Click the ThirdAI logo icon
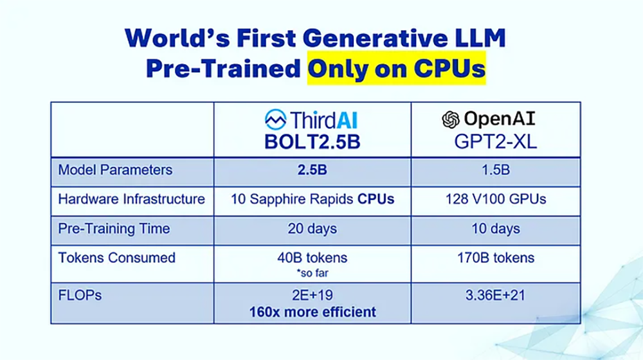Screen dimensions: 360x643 276,120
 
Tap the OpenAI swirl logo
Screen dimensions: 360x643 451,120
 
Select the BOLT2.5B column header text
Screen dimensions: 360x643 312,141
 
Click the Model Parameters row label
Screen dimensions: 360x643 115,170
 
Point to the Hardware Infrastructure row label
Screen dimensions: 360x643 131,199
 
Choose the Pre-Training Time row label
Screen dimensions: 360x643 114,228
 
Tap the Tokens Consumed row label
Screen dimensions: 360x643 116,258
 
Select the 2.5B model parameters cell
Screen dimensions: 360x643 312,171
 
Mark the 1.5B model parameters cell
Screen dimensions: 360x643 495,171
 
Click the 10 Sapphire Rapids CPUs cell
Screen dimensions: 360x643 312,199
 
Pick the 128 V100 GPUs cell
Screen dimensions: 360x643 495,199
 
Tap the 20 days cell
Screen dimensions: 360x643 312,229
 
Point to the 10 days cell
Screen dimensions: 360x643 495,229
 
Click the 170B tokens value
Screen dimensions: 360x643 495,258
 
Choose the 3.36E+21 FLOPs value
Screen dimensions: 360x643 495,298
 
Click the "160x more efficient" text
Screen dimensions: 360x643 312,312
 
